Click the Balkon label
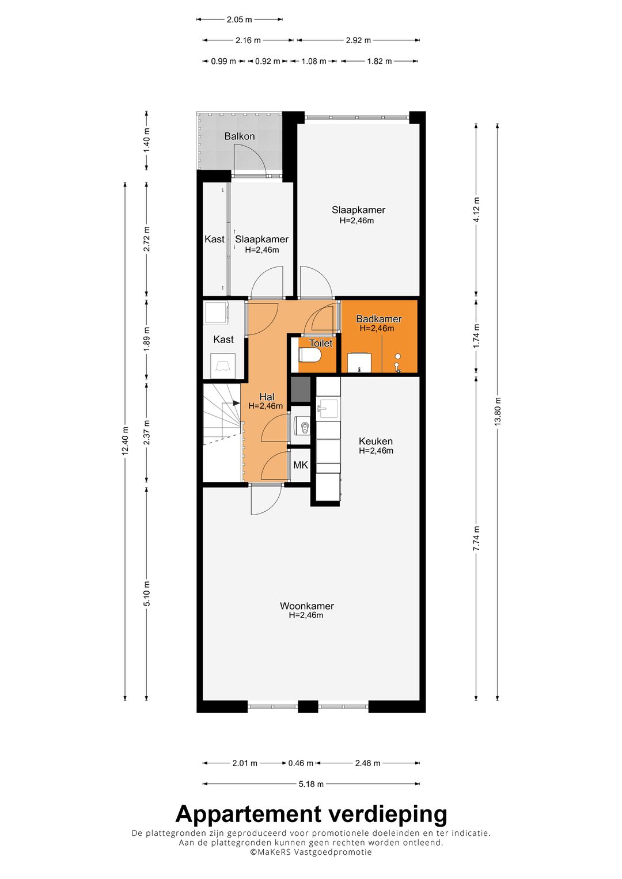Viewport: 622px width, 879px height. pyautogui.click(x=239, y=136)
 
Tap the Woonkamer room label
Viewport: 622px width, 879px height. pyautogui.click(x=306, y=606)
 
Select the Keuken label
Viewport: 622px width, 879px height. pyautogui.click(x=376, y=442)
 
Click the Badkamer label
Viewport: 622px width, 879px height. pyautogui.click(x=378, y=319)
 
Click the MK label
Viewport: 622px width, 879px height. pyautogui.click(x=300, y=465)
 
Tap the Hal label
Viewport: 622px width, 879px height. pyautogui.click(x=267, y=397)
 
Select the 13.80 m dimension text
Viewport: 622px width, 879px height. pyautogui.click(x=498, y=411)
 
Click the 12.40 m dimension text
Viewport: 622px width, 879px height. pyautogui.click(x=125, y=441)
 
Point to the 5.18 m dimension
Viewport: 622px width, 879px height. pyautogui.click(x=311, y=784)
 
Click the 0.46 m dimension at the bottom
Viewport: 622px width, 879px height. pyautogui.click(x=301, y=763)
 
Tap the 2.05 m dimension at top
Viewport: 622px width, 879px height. pyautogui.click(x=239, y=20)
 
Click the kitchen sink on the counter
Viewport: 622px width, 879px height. pyautogui.click(x=328, y=408)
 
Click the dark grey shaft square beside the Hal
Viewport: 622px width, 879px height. pyautogui.click(x=300, y=389)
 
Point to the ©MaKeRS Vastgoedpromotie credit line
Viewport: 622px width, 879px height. pyautogui.click(x=311, y=853)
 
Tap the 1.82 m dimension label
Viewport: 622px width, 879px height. pyautogui.click(x=380, y=61)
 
